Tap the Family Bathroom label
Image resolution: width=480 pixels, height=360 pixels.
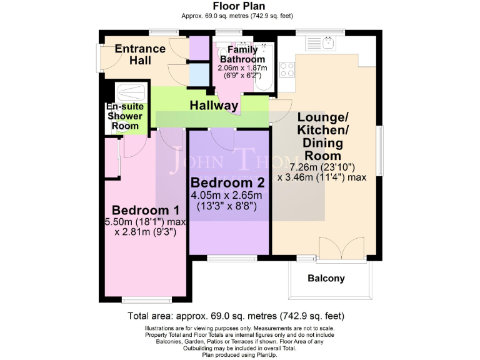pyautogui.click(x=242, y=54)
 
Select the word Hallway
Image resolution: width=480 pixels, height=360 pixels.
pyautogui.click(x=214, y=106)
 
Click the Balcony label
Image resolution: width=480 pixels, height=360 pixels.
pyautogui.click(x=326, y=279)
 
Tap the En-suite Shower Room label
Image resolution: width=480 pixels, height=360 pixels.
pyautogui.click(x=125, y=116)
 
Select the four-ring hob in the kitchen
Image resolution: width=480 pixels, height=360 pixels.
pyautogui.click(x=287, y=69)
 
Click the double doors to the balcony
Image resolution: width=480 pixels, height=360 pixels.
pyautogui.click(x=341, y=247)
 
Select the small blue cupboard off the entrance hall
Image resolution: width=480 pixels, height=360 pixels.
pyautogui.click(x=199, y=74)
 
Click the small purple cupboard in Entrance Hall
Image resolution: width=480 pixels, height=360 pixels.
pyautogui.click(x=199, y=47)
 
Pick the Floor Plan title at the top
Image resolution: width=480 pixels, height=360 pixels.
pyautogui.click(x=239, y=7)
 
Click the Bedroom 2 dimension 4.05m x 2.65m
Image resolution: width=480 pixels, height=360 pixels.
pyautogui.click(x=228, y=196)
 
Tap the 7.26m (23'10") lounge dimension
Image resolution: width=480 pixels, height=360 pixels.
pyautogui.click(x=323, y=167)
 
